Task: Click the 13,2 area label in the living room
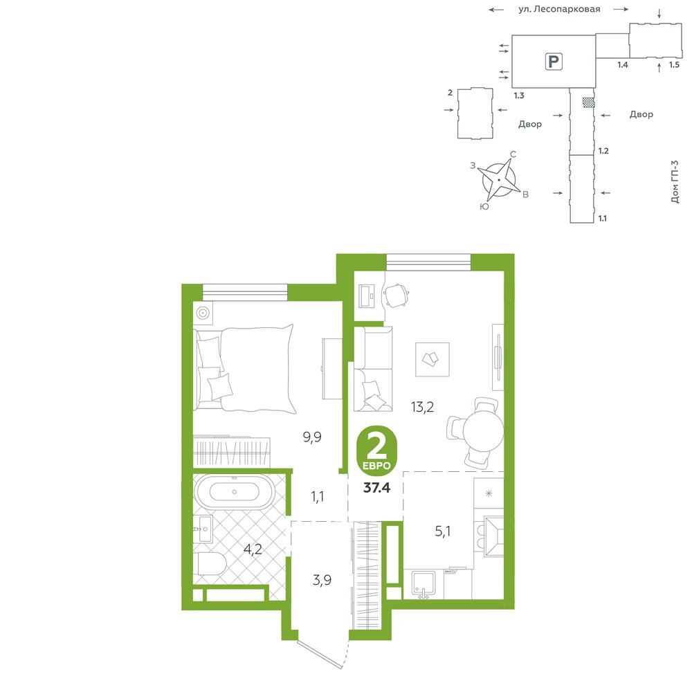[x=422, y=407]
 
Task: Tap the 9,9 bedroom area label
[x=312, y=437]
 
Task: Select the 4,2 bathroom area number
[x=253, y=549]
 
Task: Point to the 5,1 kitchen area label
[x=443, y=531]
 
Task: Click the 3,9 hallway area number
[x=322, y=580]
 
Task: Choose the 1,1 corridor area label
[x=318, y=497]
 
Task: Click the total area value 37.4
[x=376, y=488]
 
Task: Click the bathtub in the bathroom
[x=235, y=491]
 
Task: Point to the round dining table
[x=483, y=432]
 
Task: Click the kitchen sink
[x=424, y=584]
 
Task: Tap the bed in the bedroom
[x=244, y=368]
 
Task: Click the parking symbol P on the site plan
[x=554, y=61]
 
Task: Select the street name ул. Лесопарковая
[x=559, y=9]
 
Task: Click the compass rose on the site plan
[x=499, y=180]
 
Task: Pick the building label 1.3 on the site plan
[x=519, y=95]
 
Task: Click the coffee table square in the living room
[x=432, y=359]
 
